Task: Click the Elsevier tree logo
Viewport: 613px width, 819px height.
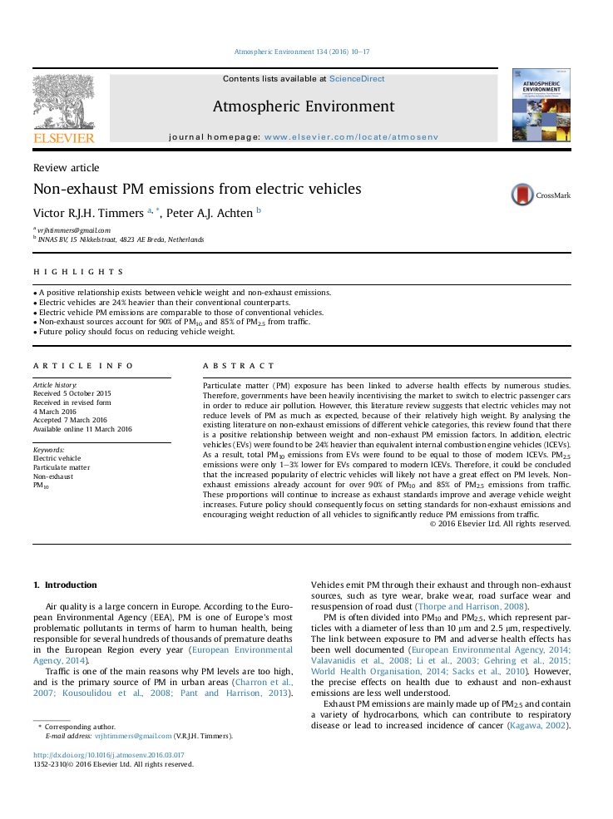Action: click(x=63, y=102)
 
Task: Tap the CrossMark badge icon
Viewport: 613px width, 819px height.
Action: click(x=523, y=195)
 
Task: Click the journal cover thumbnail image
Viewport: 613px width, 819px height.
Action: click(x=541, y=105)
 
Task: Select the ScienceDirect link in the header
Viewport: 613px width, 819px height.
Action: click(x=357, y=79)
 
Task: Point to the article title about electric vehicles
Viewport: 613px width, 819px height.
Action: click(x=197, y=190)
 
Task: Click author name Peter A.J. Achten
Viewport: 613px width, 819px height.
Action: click(x=209, y=214)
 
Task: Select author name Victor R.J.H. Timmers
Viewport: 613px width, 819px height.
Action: click(x=88, y=214)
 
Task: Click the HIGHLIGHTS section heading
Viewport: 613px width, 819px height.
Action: click(x=78, y=272)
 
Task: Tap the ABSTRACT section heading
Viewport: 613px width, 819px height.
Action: click(x=239, y=366)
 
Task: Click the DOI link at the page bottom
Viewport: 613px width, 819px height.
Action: click(x=108, y=756)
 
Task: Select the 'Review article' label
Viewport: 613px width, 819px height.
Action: click(x=66, y=168)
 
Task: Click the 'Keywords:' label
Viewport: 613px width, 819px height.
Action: click(x=49, y=450)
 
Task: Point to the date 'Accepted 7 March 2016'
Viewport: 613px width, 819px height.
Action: click(x=70, y=420)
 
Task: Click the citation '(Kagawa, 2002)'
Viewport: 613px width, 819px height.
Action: click(x=539, y=726)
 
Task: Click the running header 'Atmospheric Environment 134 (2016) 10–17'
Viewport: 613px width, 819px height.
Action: click(x=302, y=52)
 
